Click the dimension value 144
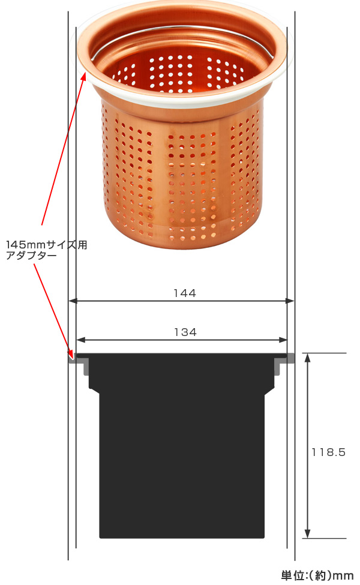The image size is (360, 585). point(185,293)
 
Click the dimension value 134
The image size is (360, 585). point(185,332)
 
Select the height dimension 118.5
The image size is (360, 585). point(329,452)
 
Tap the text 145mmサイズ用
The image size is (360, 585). point(47,245)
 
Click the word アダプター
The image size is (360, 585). point(31,256)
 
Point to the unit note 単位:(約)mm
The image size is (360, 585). point(317,575)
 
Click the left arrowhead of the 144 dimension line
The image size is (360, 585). point(73,301)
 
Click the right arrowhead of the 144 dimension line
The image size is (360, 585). point(290,301)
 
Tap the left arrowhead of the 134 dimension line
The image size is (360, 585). point(80,340)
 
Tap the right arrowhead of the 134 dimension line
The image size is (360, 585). point(283,340)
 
